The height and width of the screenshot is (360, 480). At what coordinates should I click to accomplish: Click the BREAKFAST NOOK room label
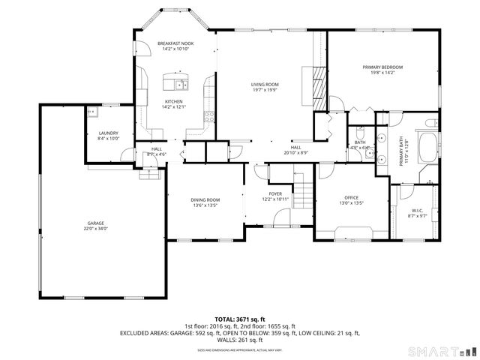point(175,44)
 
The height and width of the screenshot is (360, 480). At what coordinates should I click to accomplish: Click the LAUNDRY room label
point(109,133)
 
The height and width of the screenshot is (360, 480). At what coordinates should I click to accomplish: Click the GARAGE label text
point(95,223)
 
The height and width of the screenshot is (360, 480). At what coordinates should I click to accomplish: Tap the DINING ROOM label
point(204,199)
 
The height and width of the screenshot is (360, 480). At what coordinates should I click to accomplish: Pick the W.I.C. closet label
point(418,211)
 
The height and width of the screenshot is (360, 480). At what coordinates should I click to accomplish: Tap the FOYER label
point(276,194)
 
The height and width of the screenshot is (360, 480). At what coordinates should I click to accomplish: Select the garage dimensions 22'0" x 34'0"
point(95,228)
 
